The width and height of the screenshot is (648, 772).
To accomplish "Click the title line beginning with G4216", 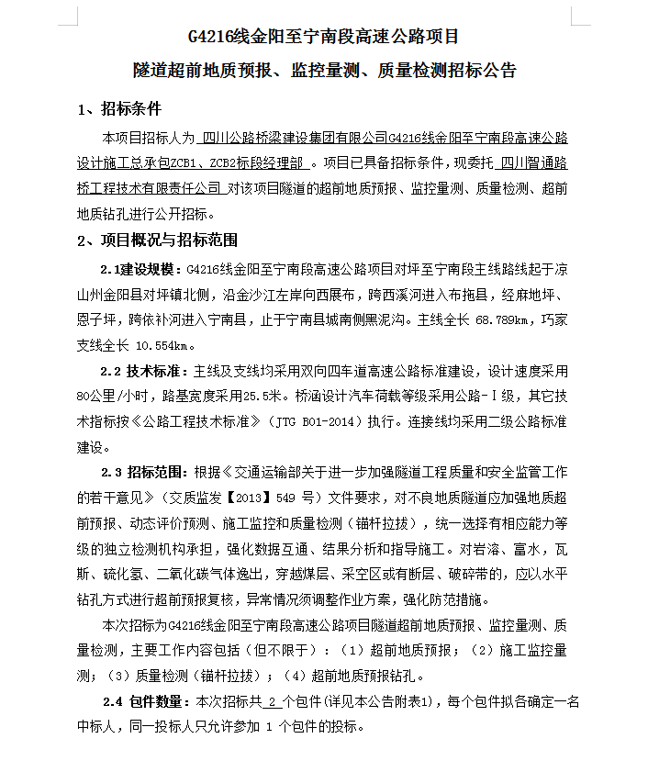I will [323, 38].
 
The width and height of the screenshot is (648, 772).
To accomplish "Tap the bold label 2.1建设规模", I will [142, 270].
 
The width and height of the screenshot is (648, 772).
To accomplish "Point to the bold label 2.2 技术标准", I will [143, 372].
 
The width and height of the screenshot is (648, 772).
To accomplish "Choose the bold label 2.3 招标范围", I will [143, 473].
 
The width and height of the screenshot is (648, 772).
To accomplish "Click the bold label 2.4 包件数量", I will [146, 702].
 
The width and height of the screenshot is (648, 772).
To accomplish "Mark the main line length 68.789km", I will [501, 321].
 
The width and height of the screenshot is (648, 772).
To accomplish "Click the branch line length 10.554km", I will [164, 346].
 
